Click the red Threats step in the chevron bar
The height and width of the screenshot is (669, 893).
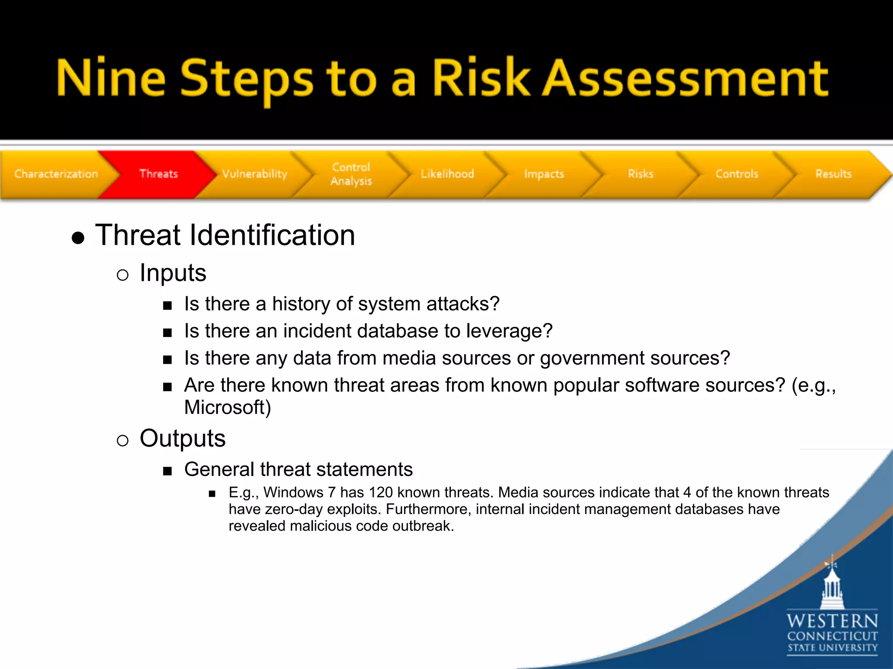[x=158, y=174]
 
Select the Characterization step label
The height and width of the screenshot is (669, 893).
[x=56, y=174]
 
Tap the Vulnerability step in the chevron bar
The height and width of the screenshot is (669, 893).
[x=255, y=174]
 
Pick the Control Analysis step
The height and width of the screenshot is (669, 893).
[x=351, y=174]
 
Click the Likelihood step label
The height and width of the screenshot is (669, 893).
[x=447, y=174]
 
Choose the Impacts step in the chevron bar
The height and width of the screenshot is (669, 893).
[x=544, y=174]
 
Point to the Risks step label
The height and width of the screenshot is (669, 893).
[x=641, y=174]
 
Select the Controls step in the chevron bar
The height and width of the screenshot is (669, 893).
[x=737, y=174]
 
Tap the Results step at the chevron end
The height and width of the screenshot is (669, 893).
[x=833, y=174]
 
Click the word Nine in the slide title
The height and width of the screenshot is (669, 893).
[x=111, y=78]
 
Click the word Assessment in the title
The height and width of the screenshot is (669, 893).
[x=685, y=78]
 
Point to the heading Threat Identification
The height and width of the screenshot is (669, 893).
[x=225, y=236]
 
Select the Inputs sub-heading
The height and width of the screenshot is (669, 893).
[x=173, y=273]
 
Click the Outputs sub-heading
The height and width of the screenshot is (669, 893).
[x=182, y=438]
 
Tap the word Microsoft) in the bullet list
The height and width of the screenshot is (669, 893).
[x=228, y=408]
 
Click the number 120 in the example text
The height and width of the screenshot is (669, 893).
[x=380, y=493]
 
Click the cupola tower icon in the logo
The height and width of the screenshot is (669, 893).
[x=832, y=586]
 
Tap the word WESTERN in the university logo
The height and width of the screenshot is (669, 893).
[x=832, y=621]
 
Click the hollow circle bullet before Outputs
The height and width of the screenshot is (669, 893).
[x=123, y=440]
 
